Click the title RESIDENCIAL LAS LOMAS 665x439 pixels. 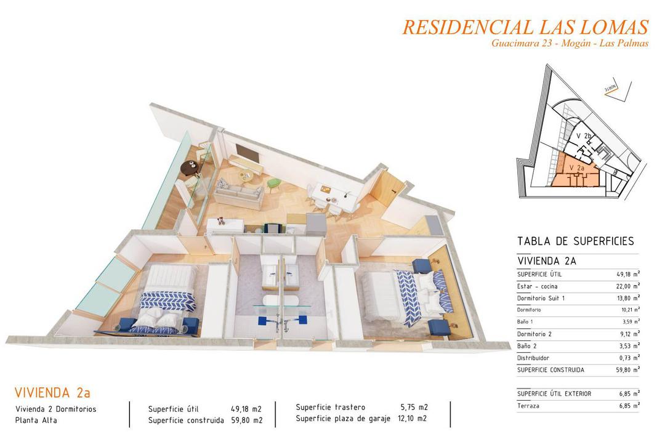(x=525, y=27)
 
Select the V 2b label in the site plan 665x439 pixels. (x=584, y=136)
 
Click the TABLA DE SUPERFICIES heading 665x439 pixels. (x=575, y=241)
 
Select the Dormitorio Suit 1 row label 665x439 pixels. (x=541, y=298)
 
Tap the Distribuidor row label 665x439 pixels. (x=533, y=358)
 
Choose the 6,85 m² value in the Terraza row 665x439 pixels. (x=628, y=405)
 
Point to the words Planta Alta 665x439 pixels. (x=36, y=421)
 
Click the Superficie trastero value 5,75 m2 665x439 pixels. (x=414, y=407)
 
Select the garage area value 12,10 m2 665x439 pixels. (x=414, y=419)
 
